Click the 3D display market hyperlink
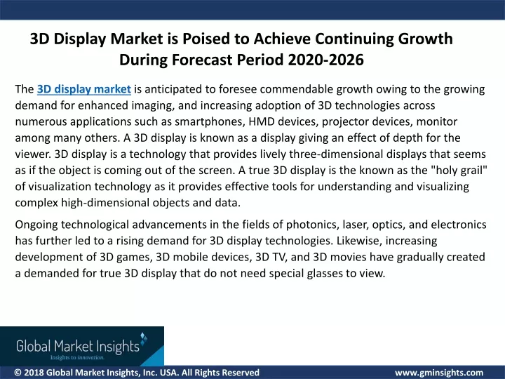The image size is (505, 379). click(83, 89)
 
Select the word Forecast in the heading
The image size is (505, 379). click(202, 60)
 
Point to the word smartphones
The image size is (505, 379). click(209, 122)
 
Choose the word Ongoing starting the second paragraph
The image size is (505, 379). click(36, 225)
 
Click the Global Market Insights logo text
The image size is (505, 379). click(78, 346)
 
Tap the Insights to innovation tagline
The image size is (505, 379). click(77, 357)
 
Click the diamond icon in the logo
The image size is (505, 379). click(144, 338)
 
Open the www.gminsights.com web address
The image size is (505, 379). click(439, 373)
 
